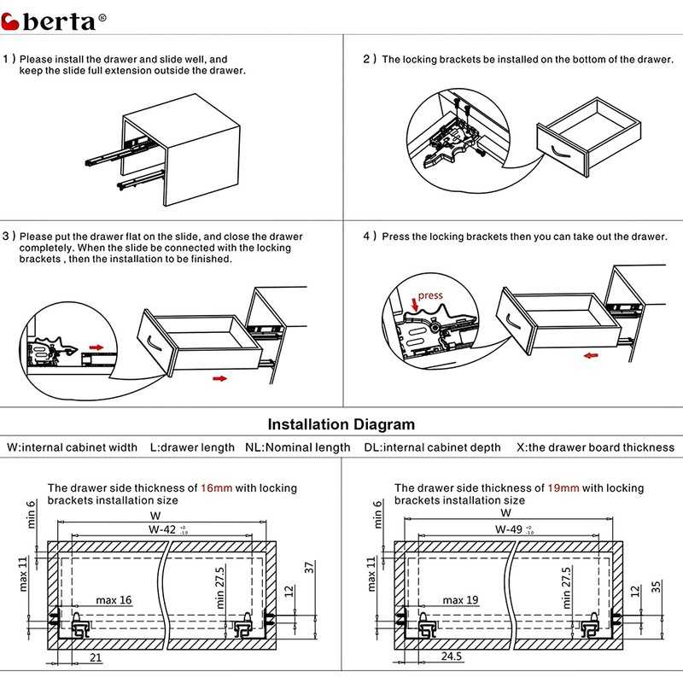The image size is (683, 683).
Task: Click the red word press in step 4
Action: point(430,295)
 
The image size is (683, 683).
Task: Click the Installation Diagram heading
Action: point(341,424)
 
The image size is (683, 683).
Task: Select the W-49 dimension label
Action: point(510,529)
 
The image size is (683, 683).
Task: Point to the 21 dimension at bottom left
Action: point(96,657)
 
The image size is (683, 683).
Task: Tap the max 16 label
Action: point(113,600)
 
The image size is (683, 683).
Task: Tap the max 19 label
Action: point(460,600)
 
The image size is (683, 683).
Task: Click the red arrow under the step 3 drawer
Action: point(220,377)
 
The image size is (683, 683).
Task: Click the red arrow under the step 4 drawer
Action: point(589,358)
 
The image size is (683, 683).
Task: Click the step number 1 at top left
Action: point(9,60)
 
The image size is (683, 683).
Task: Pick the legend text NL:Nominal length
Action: point(297,447)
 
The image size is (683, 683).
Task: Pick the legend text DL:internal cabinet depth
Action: point(433,447)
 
